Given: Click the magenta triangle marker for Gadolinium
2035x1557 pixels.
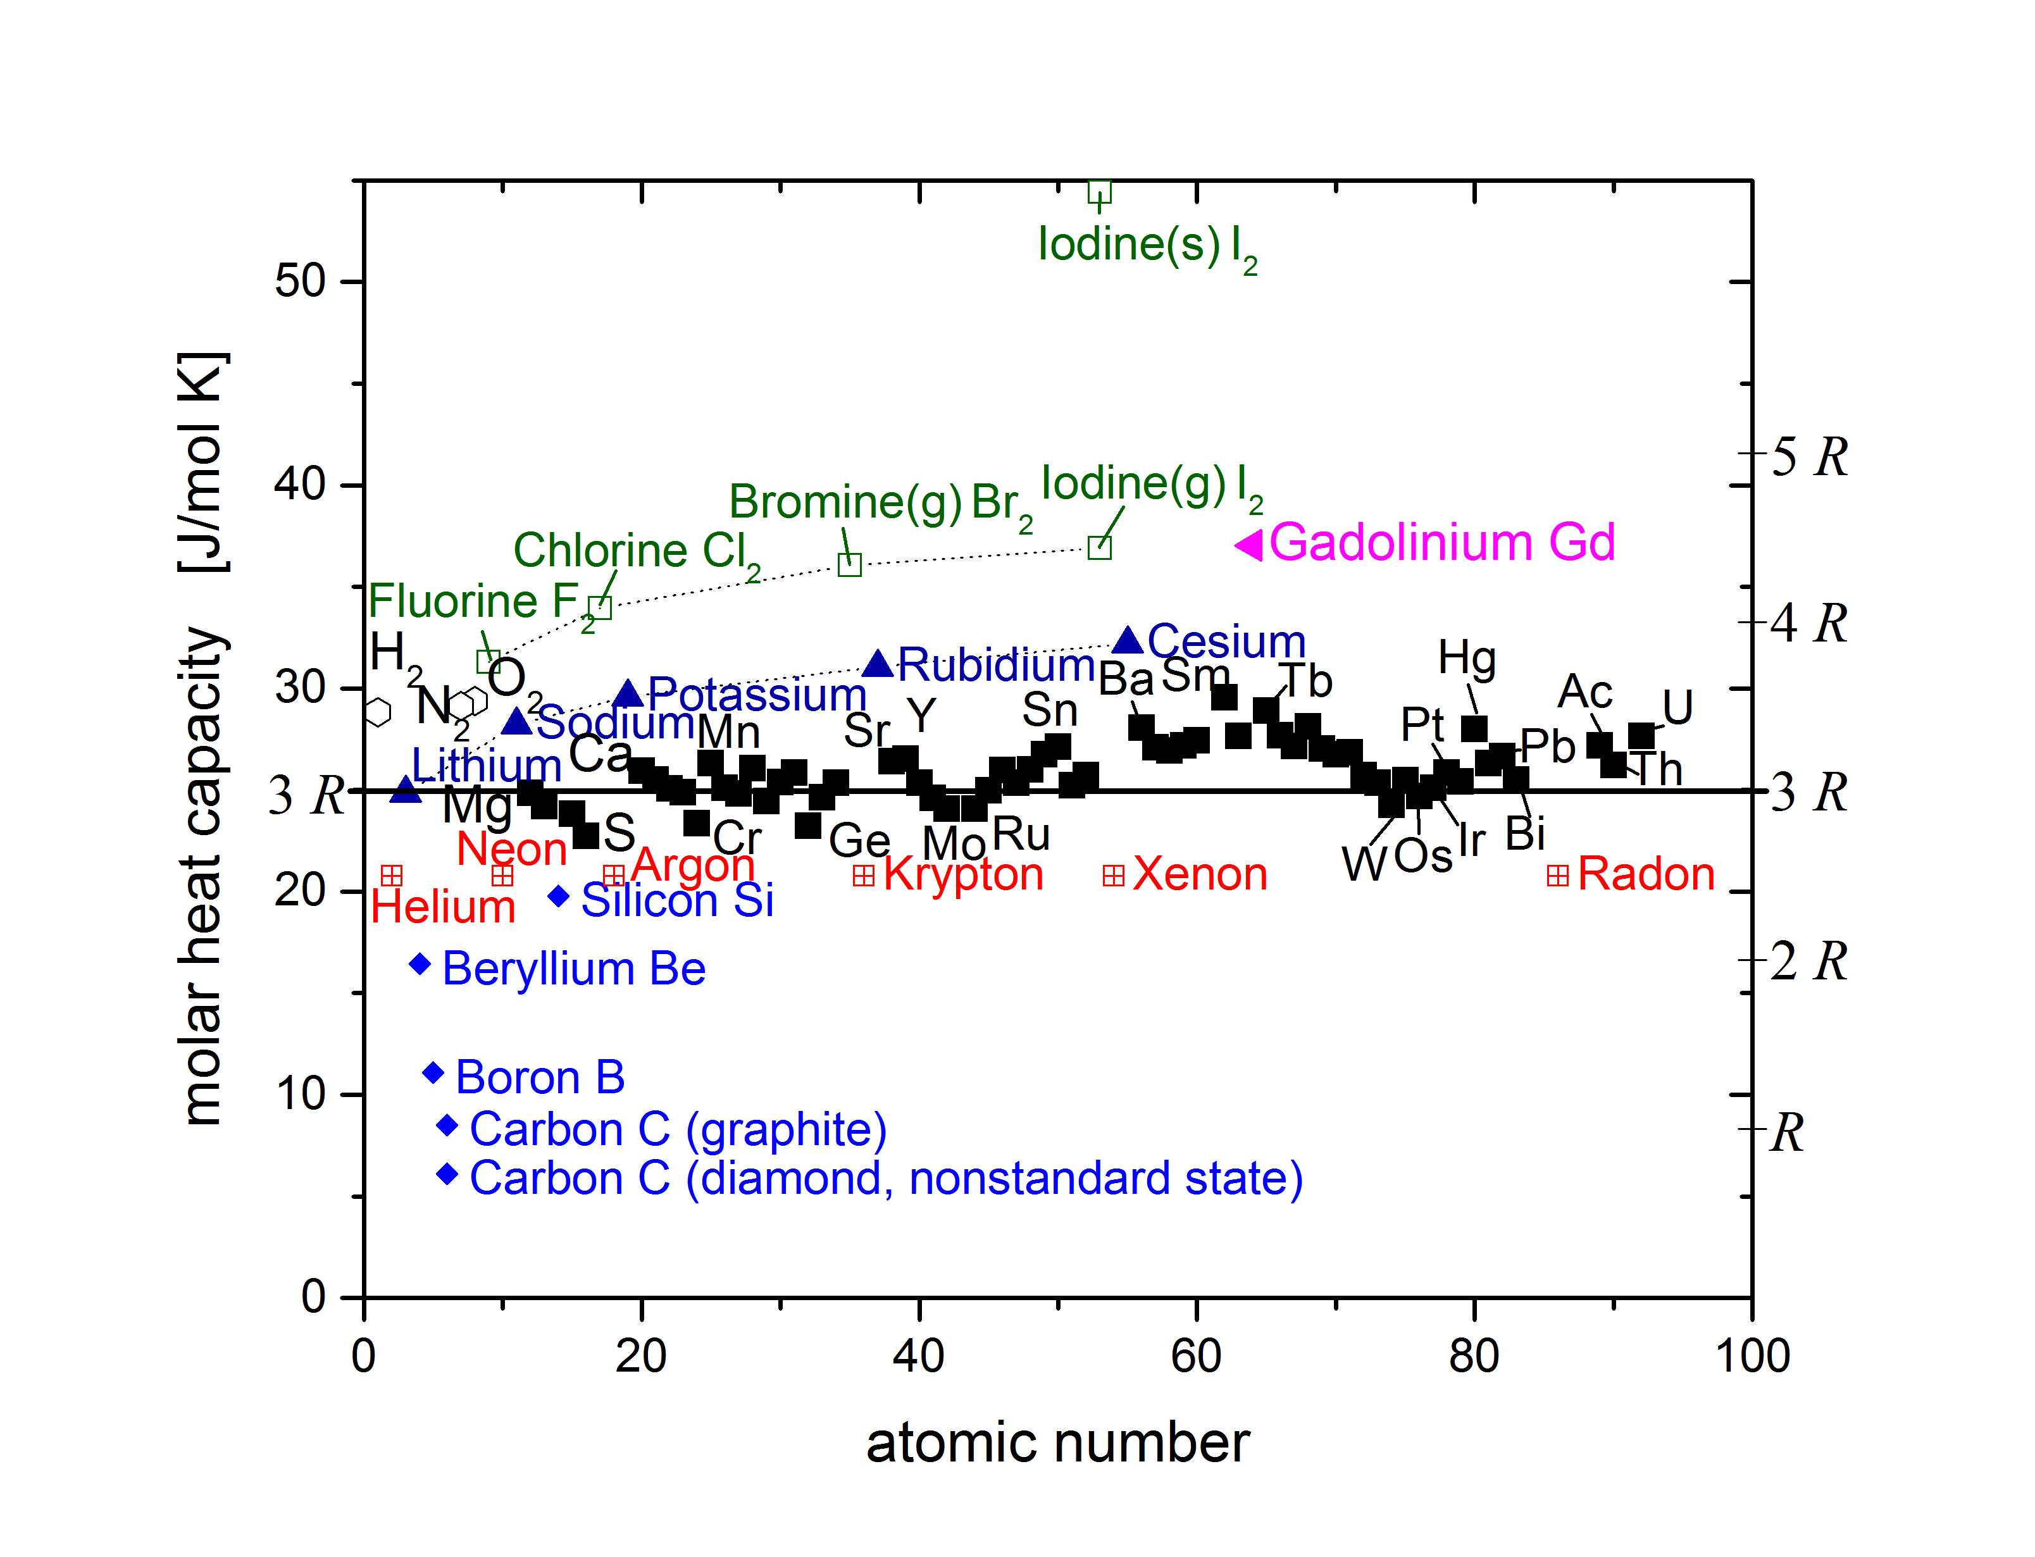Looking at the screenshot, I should [x=1249, y=545].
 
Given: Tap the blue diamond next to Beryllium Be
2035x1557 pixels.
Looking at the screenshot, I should [x=420, y=964].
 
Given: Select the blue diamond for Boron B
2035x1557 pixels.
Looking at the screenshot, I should [x=433, y=1072].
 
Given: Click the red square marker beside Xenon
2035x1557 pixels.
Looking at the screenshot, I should [x=1113, y=876].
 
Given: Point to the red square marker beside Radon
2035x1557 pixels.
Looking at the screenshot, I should [x=1558, y=876].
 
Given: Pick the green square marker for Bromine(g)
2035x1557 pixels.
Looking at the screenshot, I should [x=849, y=564].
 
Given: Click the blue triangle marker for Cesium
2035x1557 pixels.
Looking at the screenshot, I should [x=1127, y=640].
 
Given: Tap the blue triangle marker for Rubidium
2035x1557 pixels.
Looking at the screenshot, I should [x=878, y=664].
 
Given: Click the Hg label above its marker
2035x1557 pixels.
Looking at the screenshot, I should [x=1467, y=658].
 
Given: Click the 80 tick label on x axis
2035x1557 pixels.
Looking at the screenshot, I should [x=1474, y=1356].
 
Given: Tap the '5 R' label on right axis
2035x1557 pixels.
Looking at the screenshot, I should [x=1808, y=456].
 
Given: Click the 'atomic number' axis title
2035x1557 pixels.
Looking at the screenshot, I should [x=1057, y=1443].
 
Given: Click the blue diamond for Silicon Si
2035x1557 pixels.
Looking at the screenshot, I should [x=558, y=896].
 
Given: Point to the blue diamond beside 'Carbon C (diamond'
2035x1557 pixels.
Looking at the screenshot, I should [x=447, y=1174].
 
